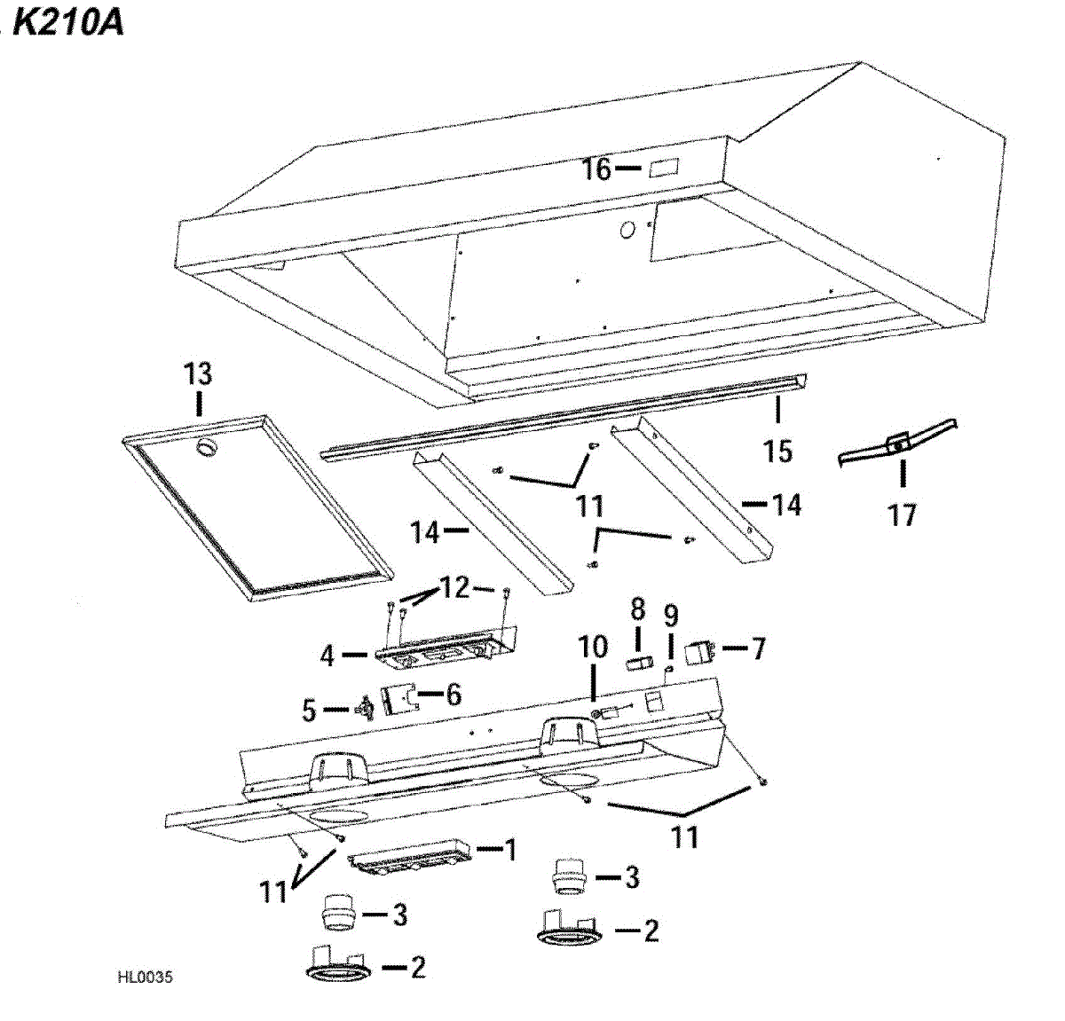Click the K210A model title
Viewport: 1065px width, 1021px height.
[68, 22]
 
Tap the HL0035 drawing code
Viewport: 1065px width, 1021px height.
[145, 978]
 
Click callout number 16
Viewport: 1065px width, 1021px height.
[596, 168]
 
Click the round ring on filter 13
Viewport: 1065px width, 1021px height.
[208, 449]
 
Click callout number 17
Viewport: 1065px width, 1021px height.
[903, 514]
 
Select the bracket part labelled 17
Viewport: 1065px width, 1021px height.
[898, 445]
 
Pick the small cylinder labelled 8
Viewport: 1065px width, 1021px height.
[637, 664]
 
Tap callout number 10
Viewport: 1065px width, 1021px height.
[593, 647]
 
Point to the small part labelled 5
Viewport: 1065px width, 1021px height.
[364, 710]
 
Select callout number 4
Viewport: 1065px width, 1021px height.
[327, 656]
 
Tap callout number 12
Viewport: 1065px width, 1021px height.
[455, 587]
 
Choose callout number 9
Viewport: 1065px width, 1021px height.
[671, 615]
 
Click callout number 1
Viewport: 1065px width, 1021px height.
[510, 850]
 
